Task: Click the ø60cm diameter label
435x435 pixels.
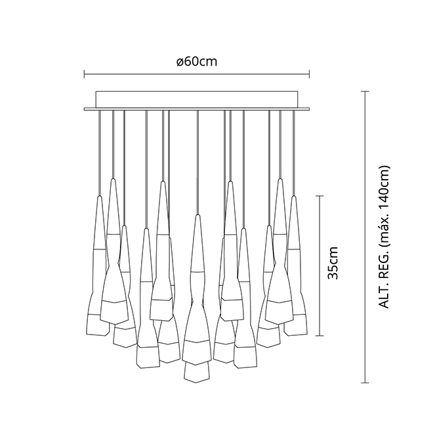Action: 197,62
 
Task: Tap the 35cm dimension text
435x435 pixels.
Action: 333,262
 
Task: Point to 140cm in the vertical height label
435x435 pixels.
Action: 384,186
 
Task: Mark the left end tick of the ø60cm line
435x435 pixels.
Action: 85,74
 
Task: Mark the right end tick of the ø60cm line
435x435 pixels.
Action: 309,74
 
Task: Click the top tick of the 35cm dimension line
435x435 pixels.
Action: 320,196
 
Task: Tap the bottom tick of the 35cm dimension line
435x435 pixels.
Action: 320,336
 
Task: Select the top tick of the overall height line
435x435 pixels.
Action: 365,91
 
